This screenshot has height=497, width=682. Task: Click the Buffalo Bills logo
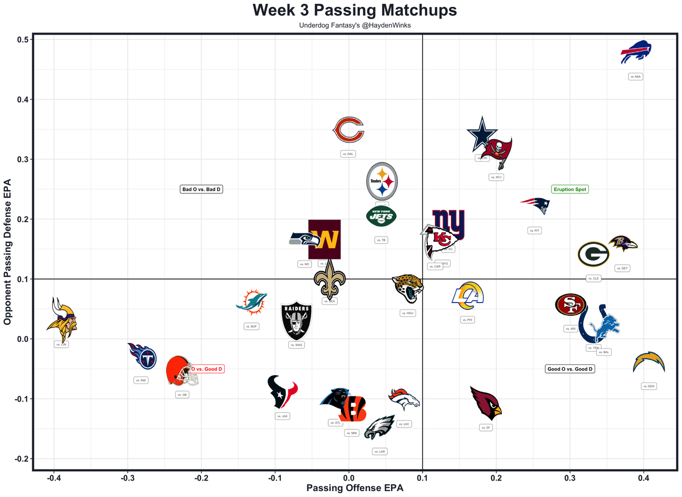coord(636,52)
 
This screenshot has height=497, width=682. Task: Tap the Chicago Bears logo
coord(348,131)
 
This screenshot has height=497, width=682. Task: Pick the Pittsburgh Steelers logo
coord(382,181)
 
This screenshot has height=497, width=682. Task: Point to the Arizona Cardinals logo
coord(486,403)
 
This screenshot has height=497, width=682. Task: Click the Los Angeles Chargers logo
coord(649,362)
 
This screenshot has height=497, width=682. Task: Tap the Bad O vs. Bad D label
coord(201,189)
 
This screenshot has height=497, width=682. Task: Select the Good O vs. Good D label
coord(570,369)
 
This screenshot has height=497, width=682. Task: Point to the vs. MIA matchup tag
coord(636,77)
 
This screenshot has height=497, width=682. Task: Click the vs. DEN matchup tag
coord(648,386)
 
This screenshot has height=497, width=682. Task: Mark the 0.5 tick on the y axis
coord(23,40)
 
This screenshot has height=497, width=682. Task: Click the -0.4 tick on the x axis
coord(53,477)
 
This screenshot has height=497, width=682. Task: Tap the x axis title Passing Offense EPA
coord(354,488)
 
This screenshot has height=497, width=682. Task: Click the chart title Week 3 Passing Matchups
coord(354,11)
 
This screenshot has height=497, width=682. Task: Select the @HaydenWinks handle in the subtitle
coord(385,25)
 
